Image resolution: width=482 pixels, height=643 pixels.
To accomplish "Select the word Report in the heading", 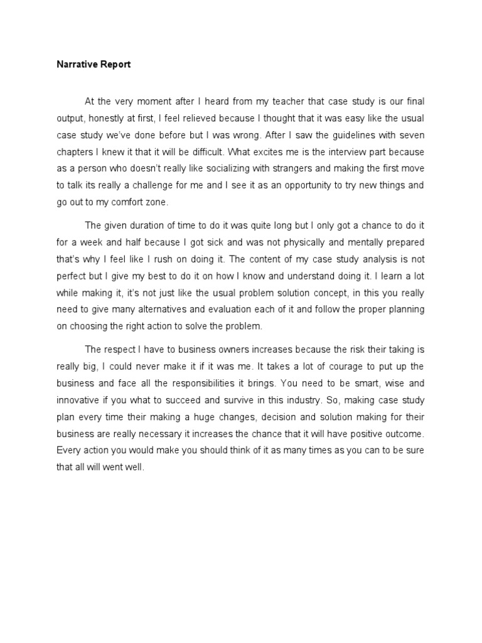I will pos(114,65).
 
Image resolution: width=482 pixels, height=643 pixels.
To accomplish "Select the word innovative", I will pos(78,400).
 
